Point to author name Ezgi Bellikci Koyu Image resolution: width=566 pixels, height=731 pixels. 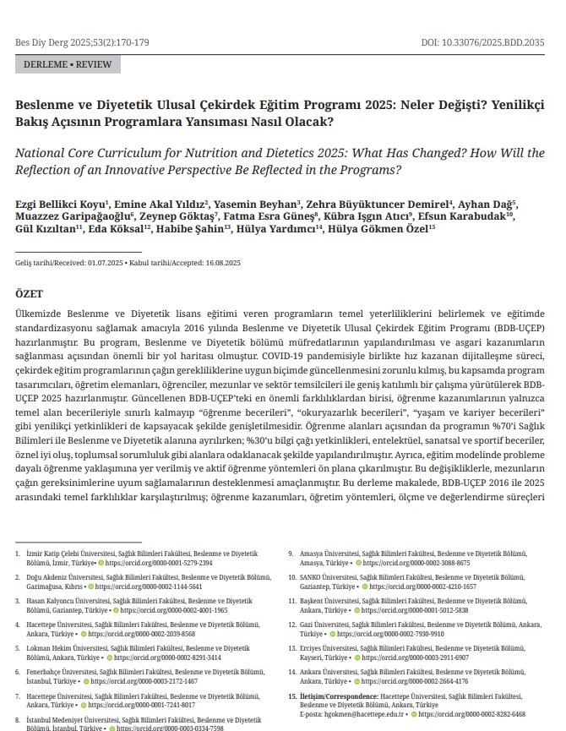click(61, 204)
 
